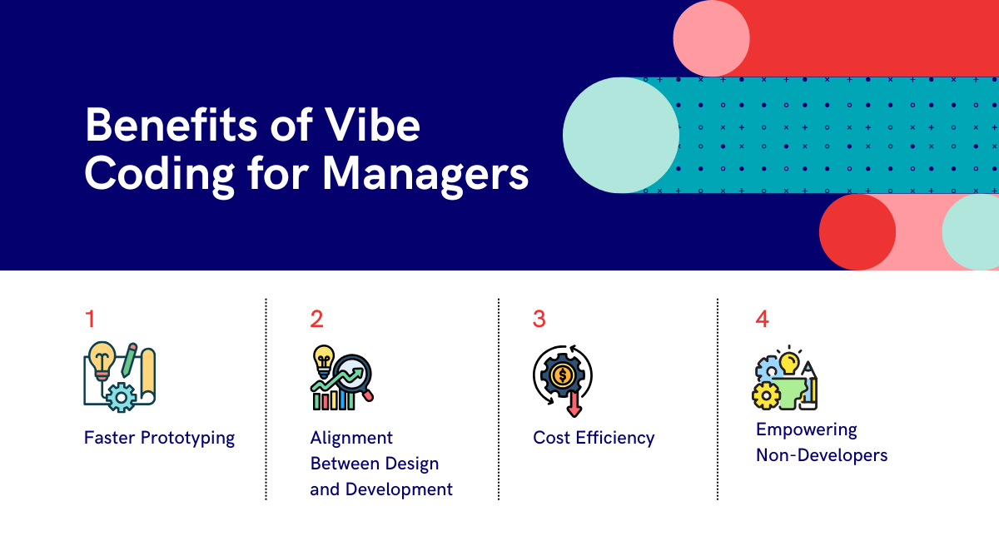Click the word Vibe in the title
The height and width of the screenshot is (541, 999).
pyautogui.click(x=371, y=125)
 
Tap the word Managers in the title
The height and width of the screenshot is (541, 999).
pyautogui.click(x=425, y=174)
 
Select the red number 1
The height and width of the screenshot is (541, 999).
pyautogui.click(x=90, y=319)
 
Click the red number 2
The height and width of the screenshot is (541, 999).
pyautogui.click(x=316, y=319)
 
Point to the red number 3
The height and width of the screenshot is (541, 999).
pyautogui.click(x=539, y=319)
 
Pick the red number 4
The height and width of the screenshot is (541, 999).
pyautogui.click(x=763, y=319)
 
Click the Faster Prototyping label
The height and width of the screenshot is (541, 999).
pyautogui.click(x=159, y=438)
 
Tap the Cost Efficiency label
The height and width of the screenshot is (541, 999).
pyautogui.click(x=594, y=438)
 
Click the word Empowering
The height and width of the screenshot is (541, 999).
pyautogui.click(x=807, y=430)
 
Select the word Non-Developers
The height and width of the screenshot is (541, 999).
pyautogui.click(x=822, y=455)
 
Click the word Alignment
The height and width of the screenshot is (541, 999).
pyautogui.click(x=351, y=438)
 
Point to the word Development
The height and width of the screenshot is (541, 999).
pyautogui.click(x=399, y=489)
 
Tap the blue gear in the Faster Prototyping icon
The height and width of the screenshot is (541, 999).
pyautogui.click(x=122, y=396)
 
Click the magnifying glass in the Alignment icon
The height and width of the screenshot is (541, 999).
pyautogui.click(x=355, y=376)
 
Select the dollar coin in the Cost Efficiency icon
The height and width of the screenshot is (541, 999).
pyautogui.click(x=562, y=375)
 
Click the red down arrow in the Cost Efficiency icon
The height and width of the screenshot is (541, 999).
pyautogui.click(x=574, y=404)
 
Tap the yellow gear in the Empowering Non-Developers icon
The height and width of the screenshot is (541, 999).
pyautogui.click(x=766, y=395)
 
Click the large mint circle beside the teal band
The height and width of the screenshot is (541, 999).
pyautogui.click(x=621, y=135)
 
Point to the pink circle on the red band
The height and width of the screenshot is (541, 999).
pyautogui.click(x=711, y=38)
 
